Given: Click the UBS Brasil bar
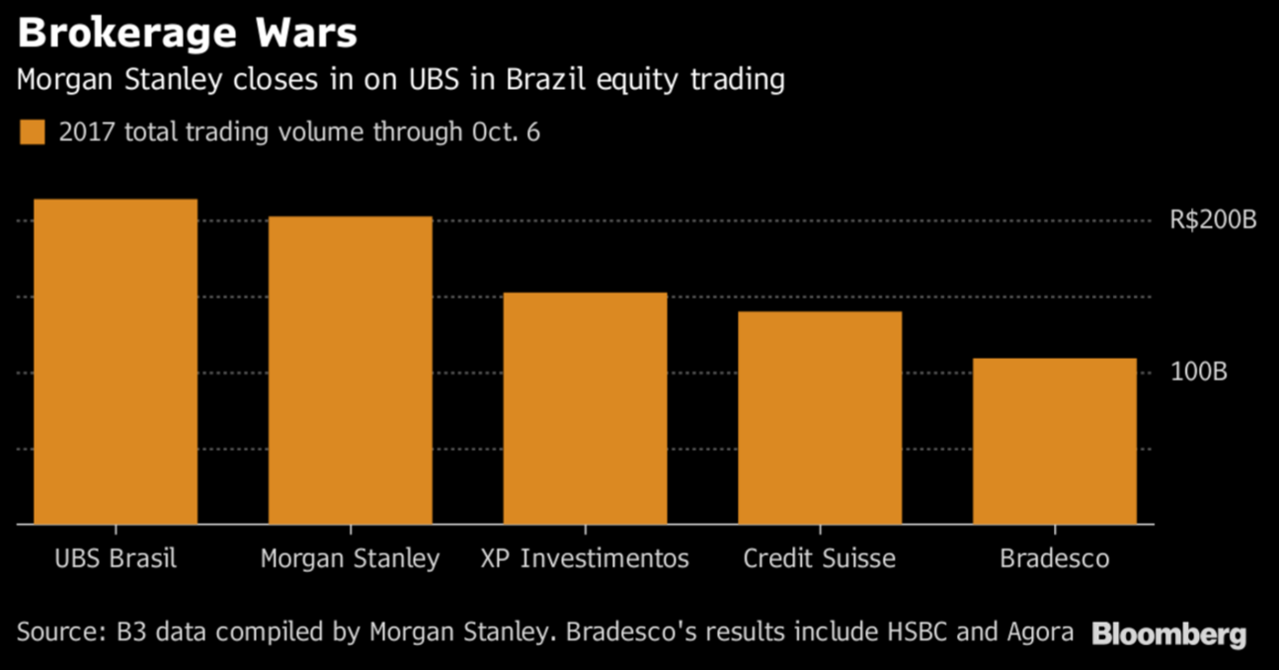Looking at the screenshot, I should point(116,362).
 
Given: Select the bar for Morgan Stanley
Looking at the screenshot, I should point(350,370).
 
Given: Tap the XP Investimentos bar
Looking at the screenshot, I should point(585,408).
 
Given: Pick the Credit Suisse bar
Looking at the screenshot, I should point(820,417).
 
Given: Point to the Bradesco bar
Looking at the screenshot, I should point(1054,441).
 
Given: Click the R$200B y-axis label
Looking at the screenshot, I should point(1213,220).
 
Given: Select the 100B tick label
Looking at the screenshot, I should point(1198,373).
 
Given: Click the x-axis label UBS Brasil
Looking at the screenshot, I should point(116,558).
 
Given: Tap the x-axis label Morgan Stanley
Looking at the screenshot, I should point(350,559).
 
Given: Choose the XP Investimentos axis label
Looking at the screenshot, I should point(585,558).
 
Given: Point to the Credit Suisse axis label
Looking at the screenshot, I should point(820,558).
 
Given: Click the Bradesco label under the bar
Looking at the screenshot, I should point(1054,558).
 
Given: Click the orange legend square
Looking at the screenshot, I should point(33,132).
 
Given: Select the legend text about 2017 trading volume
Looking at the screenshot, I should point(299,132).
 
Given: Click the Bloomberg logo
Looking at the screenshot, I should point(1168,634).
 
